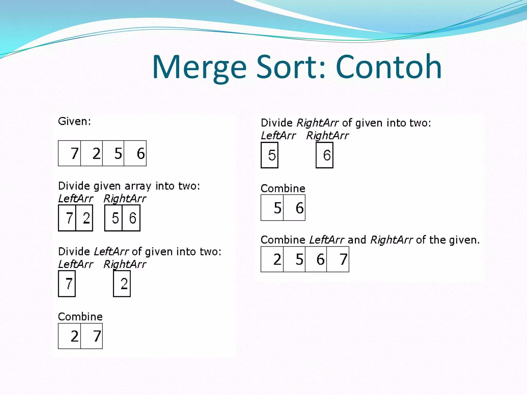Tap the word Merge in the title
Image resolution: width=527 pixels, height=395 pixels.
pos(199,67)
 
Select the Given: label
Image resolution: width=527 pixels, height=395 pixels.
pos(74,121)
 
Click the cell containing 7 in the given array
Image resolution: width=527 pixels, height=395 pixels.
pos(70,153)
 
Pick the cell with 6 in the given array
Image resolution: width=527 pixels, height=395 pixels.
pos(135,153)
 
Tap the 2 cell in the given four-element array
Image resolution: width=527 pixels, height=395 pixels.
pos(92,153)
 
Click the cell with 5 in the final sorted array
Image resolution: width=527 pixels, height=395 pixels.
pos(294,259)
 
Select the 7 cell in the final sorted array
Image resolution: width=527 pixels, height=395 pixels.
pos(338,259)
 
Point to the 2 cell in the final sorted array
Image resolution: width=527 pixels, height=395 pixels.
pos(272,259)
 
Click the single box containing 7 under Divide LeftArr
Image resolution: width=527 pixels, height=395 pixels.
pos(67,284)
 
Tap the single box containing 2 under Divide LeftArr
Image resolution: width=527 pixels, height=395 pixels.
pos(122,284)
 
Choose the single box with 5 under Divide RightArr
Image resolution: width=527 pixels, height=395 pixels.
pos(270,155)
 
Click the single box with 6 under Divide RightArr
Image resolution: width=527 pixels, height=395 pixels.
pos(325,155)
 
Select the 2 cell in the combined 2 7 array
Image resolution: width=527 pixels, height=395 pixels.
pos(70,336)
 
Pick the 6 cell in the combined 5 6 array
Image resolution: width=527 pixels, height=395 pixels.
pos(294,208)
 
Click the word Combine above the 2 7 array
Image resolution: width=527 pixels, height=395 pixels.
pos(80,317)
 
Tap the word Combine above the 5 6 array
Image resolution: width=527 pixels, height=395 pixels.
pos(283,188)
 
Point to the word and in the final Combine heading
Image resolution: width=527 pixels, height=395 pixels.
pos(357,240)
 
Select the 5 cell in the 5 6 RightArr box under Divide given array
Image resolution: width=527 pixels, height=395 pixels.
pos(114,218)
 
